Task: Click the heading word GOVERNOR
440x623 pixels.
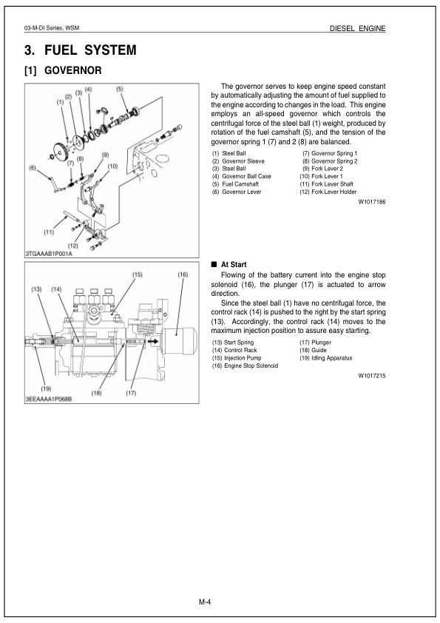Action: click(73, 72)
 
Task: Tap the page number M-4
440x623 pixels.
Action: click(205, 602)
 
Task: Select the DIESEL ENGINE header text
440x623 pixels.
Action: click(358, 28)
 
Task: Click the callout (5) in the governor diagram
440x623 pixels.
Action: click(119, 89)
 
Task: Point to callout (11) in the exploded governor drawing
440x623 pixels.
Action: click(49, 232)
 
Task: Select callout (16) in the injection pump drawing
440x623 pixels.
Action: click(183, 275)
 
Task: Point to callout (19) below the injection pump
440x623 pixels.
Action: click(46, 388)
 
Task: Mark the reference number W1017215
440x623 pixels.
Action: click(372, 376)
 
